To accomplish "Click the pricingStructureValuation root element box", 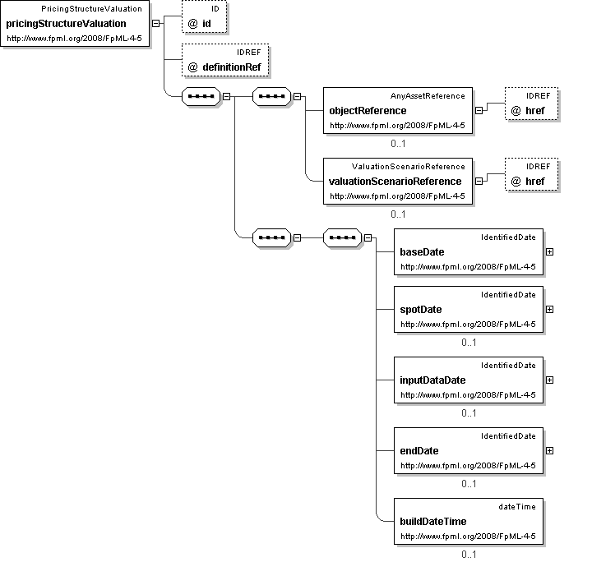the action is point(75,23).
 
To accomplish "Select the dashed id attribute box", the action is point(204,16).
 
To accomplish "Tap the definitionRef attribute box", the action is point(225,60).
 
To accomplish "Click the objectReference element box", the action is point(398,111).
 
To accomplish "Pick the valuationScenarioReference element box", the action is point(398,182).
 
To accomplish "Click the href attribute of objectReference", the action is point(532,104).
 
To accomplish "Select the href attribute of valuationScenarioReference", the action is point(532,174).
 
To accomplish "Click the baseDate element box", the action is point(469,252).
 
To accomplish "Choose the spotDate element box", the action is point(469,309).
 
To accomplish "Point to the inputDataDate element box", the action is point(469,380).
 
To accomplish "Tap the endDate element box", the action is point(469,451).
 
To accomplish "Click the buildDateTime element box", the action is point(469,521).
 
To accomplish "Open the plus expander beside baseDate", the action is point(550,252).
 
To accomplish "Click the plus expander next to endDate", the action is point(550,451).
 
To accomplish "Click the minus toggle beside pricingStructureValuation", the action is point(155,23).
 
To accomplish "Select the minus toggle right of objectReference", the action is point(479,111).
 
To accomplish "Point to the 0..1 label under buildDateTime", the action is point(469,555).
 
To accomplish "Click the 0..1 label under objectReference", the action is point(398,144).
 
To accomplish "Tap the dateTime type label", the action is point(517,507).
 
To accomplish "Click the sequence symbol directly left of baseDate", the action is point(342,237).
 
